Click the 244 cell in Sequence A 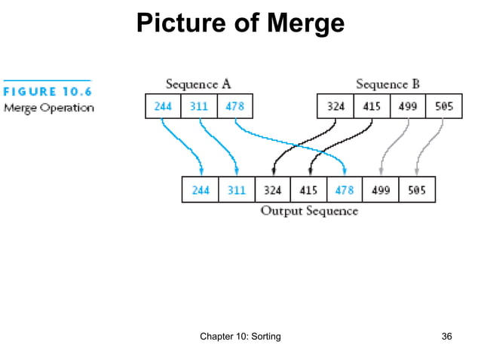163,106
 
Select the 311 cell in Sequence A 199,106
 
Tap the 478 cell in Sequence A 234,106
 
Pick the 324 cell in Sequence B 335,106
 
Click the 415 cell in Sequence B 372,106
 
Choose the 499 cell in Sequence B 408,106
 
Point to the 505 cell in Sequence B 444,106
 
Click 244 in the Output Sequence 200,190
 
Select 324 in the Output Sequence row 272,190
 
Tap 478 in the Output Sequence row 345,190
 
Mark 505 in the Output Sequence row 417,190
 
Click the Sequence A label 198,84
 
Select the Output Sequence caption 309,211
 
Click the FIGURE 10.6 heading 47,93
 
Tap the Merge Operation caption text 49,108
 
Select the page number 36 446,336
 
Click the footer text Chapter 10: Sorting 240,336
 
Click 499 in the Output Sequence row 381,190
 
